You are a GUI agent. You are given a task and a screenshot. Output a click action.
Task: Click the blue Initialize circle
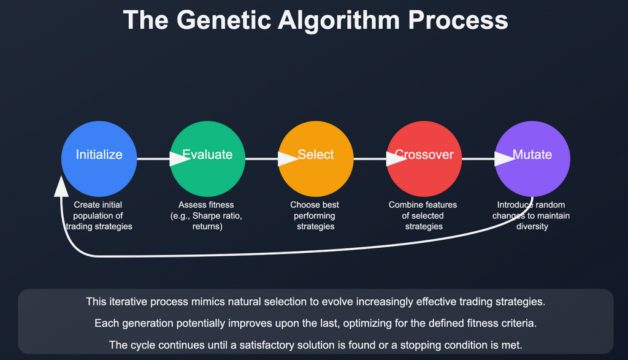(x=99, y=159)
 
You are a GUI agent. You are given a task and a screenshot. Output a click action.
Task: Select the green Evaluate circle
(x=207, y=159)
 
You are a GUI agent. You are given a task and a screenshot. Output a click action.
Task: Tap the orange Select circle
(x=316, y=159)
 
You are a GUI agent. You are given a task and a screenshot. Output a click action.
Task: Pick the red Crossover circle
(x=424, y=159)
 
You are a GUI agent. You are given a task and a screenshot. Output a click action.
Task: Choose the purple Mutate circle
(x=532, y=159)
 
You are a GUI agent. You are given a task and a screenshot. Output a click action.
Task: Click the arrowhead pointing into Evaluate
(x=180, y=159)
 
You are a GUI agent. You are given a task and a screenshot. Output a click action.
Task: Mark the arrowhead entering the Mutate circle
(x=505, y=159)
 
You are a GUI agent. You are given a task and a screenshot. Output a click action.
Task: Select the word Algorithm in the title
(x=339, y=20)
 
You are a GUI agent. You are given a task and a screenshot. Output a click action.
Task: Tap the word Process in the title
(x=458, y=20)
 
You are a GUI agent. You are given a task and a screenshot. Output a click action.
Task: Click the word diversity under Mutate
(x=532, y=227)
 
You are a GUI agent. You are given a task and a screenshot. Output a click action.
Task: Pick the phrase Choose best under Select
(x=315, y=205)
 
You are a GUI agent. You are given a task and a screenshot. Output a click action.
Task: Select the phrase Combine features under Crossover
(x=423, y=205)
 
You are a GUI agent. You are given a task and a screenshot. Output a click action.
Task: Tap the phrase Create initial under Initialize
(x=98, y=205)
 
